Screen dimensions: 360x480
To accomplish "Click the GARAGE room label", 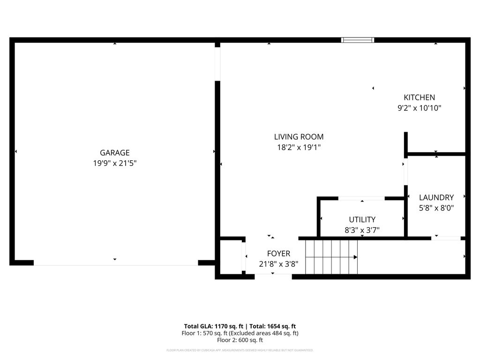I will [x=114, y=153].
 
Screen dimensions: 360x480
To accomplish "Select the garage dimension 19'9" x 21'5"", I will [x=114, y=164].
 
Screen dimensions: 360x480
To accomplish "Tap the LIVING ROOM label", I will [x=299, y=137].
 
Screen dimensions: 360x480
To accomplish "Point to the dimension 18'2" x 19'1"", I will [x=299, y=147].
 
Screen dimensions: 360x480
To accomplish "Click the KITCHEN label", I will [x=419, y=97].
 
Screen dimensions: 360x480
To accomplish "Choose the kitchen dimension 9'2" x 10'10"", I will [x=419, y=108].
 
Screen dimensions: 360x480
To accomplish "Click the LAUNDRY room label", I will [x=436, y=198].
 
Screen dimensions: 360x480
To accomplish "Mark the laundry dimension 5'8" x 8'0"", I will [x=436, y=208].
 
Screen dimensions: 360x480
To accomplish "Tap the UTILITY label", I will [x=362, y=219].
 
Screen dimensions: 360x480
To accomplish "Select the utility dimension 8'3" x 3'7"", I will [x=362, y=230].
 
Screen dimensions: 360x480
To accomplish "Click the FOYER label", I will [x=278, y=254].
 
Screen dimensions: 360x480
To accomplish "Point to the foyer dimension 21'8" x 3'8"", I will [x=278, y=264].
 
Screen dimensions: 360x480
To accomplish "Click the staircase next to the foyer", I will [x=331, y=257].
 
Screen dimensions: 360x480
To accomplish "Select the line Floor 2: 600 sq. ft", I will [x=240, y=340].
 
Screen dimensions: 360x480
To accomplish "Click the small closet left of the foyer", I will [x=231, y=257].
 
